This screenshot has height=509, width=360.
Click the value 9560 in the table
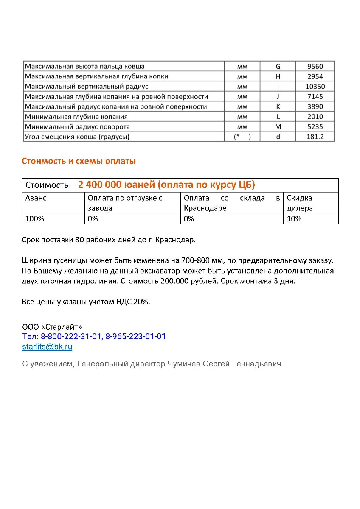click(315, 66)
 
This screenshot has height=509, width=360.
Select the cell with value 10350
click(315, 87)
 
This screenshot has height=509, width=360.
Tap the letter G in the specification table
click(278, 66)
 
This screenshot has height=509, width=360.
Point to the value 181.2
click(315, 137)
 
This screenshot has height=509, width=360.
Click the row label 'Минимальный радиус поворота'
click(77, 127)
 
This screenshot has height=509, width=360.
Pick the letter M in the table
click(278, 127)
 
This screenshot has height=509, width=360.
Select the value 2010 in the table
click(315, 117)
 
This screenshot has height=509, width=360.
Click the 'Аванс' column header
click(36, 198)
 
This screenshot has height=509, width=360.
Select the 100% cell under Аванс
click(35, 219)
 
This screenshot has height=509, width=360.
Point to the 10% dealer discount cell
click(294, 219)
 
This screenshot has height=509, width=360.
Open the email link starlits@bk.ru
click(47, 347)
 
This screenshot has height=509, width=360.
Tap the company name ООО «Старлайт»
click(52, 327)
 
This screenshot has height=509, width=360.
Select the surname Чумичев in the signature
click(184, 364)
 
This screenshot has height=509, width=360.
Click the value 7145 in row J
click(315, 97)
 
